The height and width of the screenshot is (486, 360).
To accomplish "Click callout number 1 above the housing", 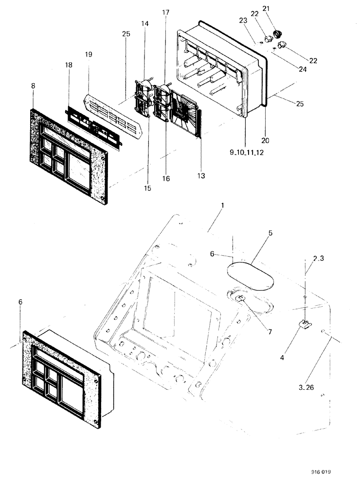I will coord(222,206).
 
